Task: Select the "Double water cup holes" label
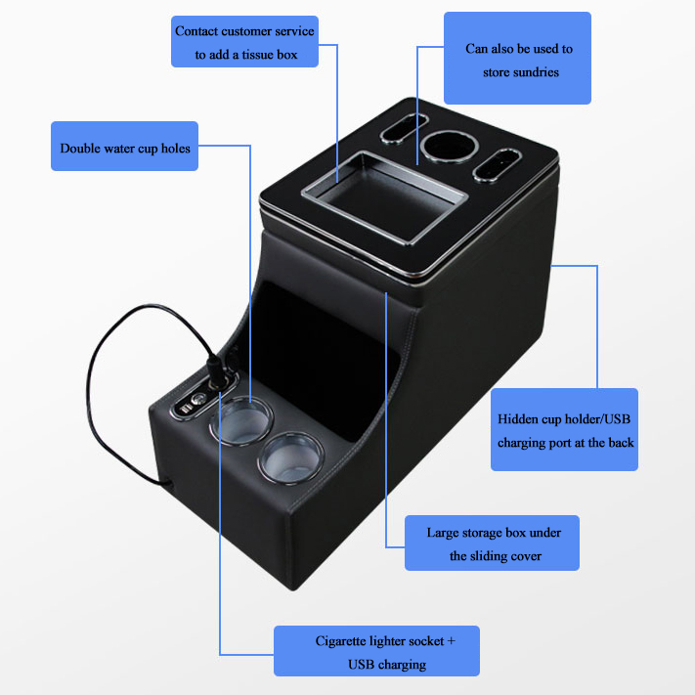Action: [124, 149]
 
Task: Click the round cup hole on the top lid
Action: [449, 149]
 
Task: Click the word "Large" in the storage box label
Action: [444, 534]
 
